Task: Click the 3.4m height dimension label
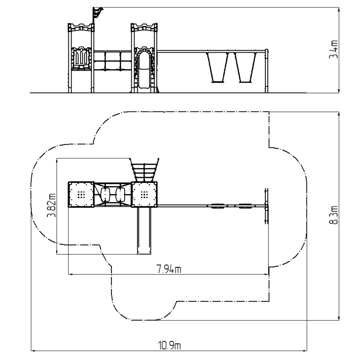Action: [x=334, y=49]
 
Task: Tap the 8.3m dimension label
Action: [x=334, y=215]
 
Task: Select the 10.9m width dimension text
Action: [x=169, y=345]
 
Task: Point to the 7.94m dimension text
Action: [x=169, y=269]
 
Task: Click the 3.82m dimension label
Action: [x=51, y=205]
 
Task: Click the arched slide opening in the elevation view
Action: [x=144, y=70]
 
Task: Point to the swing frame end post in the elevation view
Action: [x=267, y=71]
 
